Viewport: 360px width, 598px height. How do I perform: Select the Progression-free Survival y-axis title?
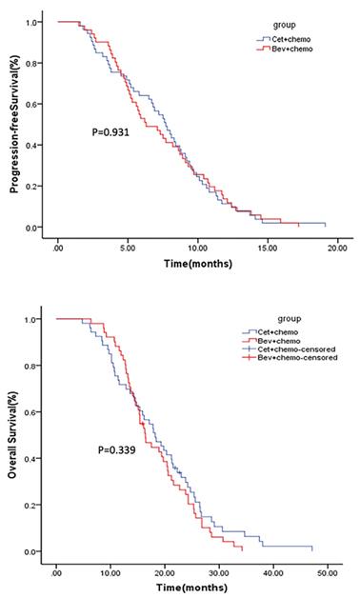(x=16, y=124)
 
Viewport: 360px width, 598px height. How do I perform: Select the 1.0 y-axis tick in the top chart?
(x=34, y=22)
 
